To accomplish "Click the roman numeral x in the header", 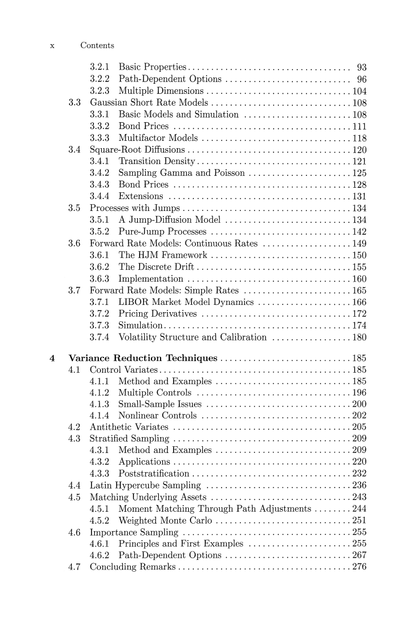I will [x=52, y=46].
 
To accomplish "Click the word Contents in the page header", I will [x=97, y=45].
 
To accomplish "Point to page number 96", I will [x=361, y=79].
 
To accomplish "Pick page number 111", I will [x=359, y=126].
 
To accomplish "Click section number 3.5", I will [x=74, y=208].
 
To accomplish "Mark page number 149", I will [x=359, y=244].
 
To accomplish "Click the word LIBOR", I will [x=133, y=303].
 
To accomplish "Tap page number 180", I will [x=359, y=338].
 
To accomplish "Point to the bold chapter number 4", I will [x=52, y=358].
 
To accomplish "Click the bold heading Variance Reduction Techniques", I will [x=142, y=358].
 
